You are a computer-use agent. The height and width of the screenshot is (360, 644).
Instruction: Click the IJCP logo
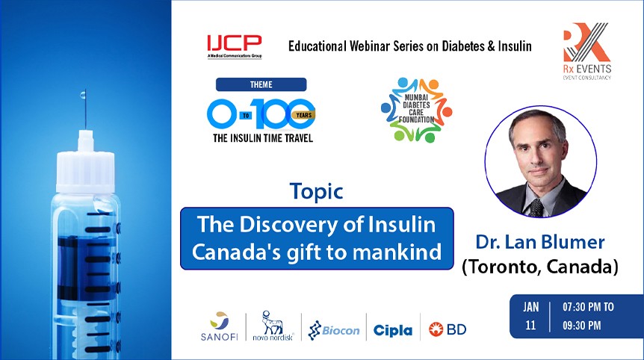point(235,46)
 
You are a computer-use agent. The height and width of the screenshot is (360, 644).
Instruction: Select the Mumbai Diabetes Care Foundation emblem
point(415,110)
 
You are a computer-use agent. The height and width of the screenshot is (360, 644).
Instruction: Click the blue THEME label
point(261,84)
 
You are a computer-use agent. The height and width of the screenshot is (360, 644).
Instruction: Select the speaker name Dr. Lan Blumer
point(539,242)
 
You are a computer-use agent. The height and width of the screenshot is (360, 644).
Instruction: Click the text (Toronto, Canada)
point(539,267)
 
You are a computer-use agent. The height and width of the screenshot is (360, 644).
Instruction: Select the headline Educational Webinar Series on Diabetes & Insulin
point(409,46)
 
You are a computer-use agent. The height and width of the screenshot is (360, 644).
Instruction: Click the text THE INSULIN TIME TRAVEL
point(261,139)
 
